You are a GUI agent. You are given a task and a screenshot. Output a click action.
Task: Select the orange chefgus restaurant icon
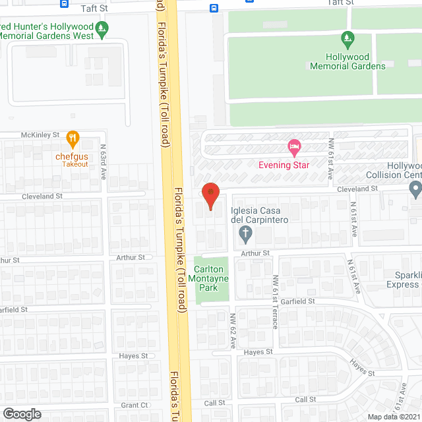tap(73, 138)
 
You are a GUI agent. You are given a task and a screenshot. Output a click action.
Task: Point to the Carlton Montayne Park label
tap(211, 279)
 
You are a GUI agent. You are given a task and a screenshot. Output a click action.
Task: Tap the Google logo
tap(21, 413)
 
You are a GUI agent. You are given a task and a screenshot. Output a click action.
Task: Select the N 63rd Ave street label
tap(103, 158)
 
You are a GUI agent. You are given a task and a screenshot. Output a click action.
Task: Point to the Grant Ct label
tap(134, 406)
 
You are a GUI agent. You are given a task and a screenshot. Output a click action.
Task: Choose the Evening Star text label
tap(284, 165)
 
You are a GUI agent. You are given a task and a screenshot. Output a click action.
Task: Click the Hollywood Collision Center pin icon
tap(415, 191)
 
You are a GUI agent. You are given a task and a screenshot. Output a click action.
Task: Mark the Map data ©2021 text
tap(393, 416)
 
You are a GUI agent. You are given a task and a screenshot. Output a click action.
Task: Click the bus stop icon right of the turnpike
tap(214, 8)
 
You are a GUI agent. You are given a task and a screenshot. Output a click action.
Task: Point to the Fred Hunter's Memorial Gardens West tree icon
tap(101, 28)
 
